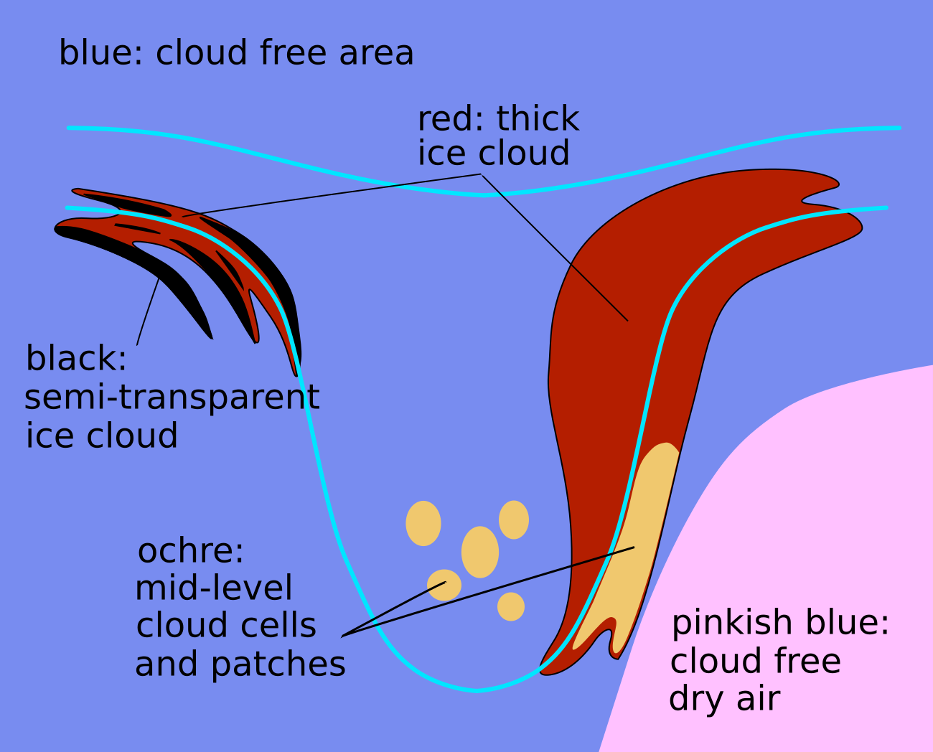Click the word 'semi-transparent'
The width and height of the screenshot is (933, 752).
coord(172,398)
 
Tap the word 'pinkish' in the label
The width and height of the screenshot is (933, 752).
coord(723,623)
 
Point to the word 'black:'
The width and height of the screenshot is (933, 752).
coord(76,358)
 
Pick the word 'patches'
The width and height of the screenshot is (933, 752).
coord(278,664)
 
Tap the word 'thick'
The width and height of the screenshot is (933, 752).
coord(538,118)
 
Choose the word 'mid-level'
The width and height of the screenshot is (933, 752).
coord(214,588)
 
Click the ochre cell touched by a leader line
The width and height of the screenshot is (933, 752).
coord(444,585)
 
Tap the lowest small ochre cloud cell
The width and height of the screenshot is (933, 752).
coord(511,607)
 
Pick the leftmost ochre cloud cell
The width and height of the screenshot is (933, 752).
coord(423,523)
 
